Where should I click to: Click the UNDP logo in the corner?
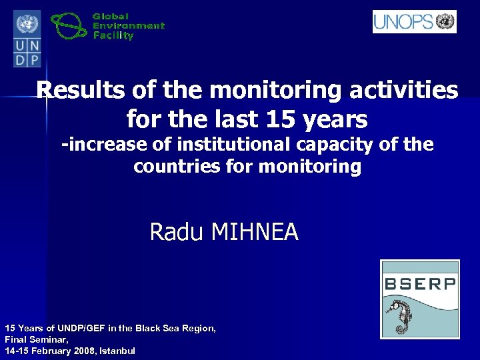point(27,39)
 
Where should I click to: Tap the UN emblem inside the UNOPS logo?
point(445,22)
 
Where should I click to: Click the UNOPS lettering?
point(403,22)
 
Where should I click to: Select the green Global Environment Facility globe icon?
point(70,27)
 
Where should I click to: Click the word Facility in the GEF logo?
point(113,36)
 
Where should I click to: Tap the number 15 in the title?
point(278,120)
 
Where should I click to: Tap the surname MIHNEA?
point(255,232)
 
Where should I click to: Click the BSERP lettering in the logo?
point(420,283)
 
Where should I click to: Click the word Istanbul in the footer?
point(117,350)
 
